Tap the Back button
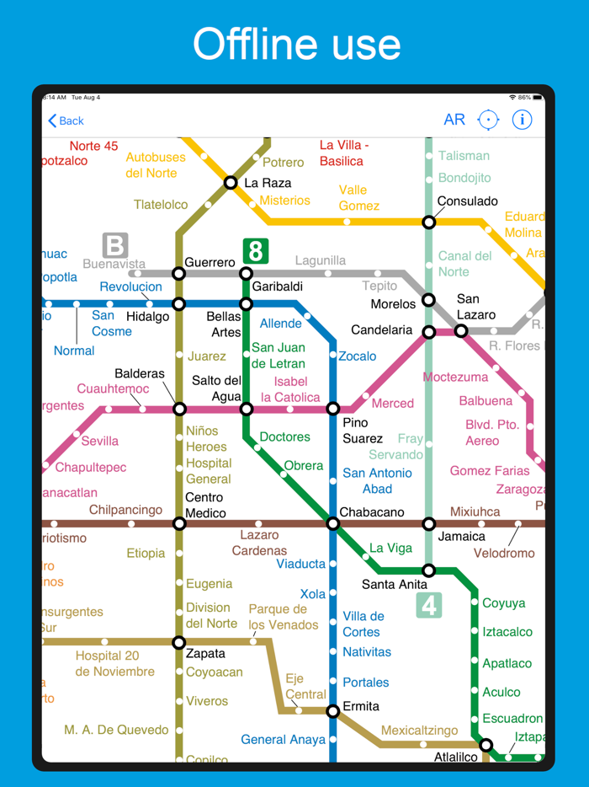tap(66, 120)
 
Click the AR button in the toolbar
tap(454, 120)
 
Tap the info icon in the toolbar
tap(522, 120)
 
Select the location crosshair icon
tap(488, 120)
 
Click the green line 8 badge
tap(255, 250)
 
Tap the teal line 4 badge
tap(429, 605)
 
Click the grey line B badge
tap(114, 245)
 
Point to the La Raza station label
tap(268, 183)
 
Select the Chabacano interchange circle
tap(333, 523)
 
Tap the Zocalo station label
tap(358, 356)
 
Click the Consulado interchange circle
tap(429, 222)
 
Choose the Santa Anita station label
tap(395, 584)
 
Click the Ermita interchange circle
tap(333, 711)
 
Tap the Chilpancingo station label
tap(125, 510)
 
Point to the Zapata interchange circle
tap(179, 642)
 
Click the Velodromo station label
tap(504, 554)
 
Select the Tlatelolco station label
tap(161, 205)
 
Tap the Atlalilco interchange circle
tap(486, 745)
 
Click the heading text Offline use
tap(296, 44)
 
